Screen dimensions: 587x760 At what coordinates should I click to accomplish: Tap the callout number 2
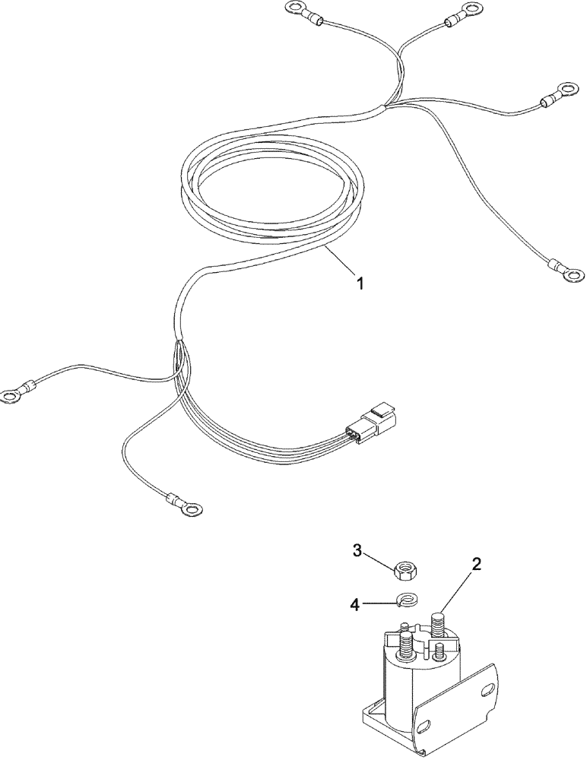pyautogui.click(x=476, y=565)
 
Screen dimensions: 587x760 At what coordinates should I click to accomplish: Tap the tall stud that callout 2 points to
pyautogui.click(x=439, y=627)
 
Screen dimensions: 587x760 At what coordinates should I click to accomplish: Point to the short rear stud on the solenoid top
pyautogui.click(x=407, y=627)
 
